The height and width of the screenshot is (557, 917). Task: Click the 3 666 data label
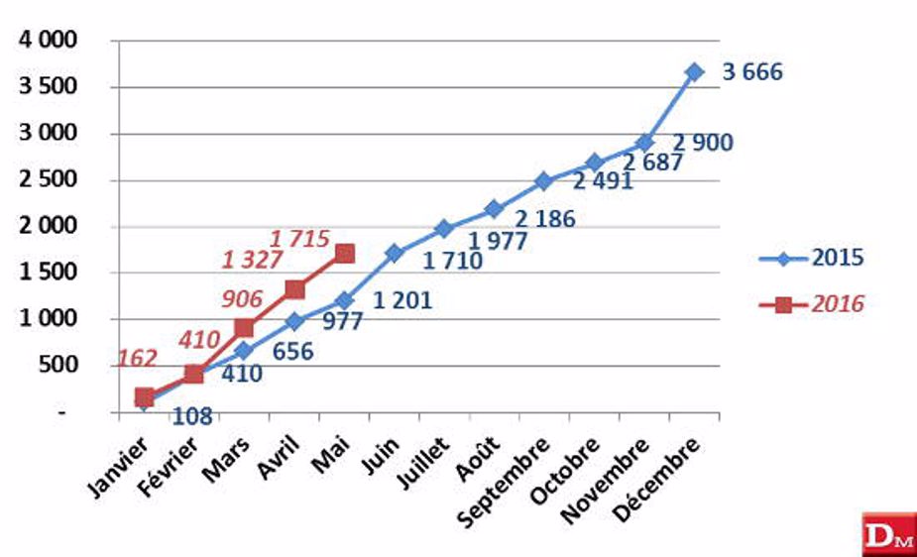pos(751,72)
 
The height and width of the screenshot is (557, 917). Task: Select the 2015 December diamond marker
pos(694,72)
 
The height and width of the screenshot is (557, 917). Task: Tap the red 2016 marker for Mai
pos(344,254)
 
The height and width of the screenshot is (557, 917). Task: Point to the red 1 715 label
pos(303,238)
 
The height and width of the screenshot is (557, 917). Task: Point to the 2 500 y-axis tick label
pos(50,180)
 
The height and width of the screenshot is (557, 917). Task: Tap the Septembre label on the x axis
pos(510,479)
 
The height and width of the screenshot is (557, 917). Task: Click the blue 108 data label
pos(192,415)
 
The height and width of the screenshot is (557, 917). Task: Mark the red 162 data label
pos(137,359)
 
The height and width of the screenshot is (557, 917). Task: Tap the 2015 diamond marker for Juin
pos(395,253)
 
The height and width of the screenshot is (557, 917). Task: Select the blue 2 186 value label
pos(544,219)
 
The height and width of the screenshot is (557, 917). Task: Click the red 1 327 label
pos(252,260)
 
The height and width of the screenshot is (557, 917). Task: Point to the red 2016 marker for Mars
pos(244,328)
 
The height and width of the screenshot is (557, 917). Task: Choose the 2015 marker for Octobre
pos(595,163)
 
